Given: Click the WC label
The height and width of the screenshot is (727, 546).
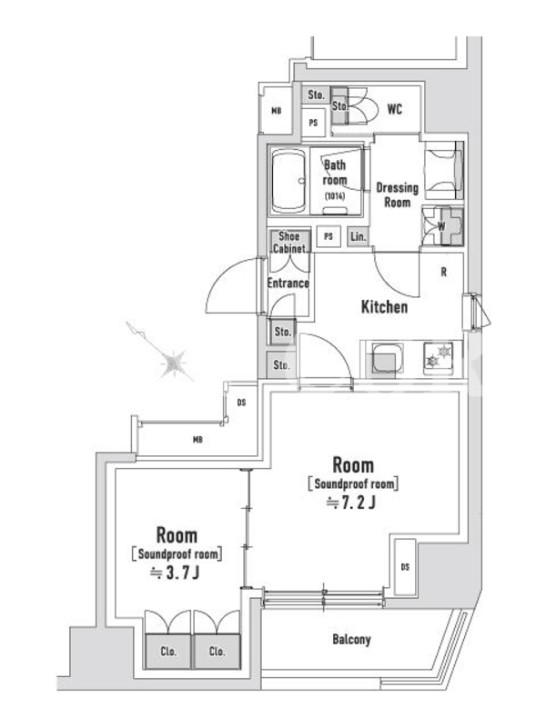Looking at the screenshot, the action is [394, 109].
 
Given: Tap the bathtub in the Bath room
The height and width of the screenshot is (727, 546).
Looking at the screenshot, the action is [288, 181].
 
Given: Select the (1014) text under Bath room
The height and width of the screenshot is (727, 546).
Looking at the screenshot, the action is [335, 196].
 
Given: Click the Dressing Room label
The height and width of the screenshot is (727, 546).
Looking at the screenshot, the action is [397, 194].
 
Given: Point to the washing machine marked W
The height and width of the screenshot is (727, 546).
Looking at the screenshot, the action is [442, 226].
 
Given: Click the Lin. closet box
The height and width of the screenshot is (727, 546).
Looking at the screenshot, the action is [358, 236].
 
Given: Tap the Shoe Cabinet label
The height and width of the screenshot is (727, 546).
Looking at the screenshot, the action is [288, 242].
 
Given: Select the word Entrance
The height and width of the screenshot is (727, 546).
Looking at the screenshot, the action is [288, 283].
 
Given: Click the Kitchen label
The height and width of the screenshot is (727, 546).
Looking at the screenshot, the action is [384, 306].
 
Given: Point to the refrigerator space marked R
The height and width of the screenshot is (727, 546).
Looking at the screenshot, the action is [443, 272].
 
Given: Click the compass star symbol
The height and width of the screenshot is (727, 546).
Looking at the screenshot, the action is [173, 362].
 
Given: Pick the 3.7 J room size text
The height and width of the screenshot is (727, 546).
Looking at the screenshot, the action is [175, 573].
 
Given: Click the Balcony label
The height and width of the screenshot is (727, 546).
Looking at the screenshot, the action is [351, 640].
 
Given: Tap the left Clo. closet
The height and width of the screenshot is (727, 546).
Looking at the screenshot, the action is [168, 651].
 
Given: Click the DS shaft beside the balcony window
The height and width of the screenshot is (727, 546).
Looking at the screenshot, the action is [405, 566].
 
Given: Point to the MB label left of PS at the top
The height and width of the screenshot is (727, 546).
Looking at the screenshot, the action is [277, 111].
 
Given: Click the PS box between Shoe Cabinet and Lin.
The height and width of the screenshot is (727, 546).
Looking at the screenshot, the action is [329, 236].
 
